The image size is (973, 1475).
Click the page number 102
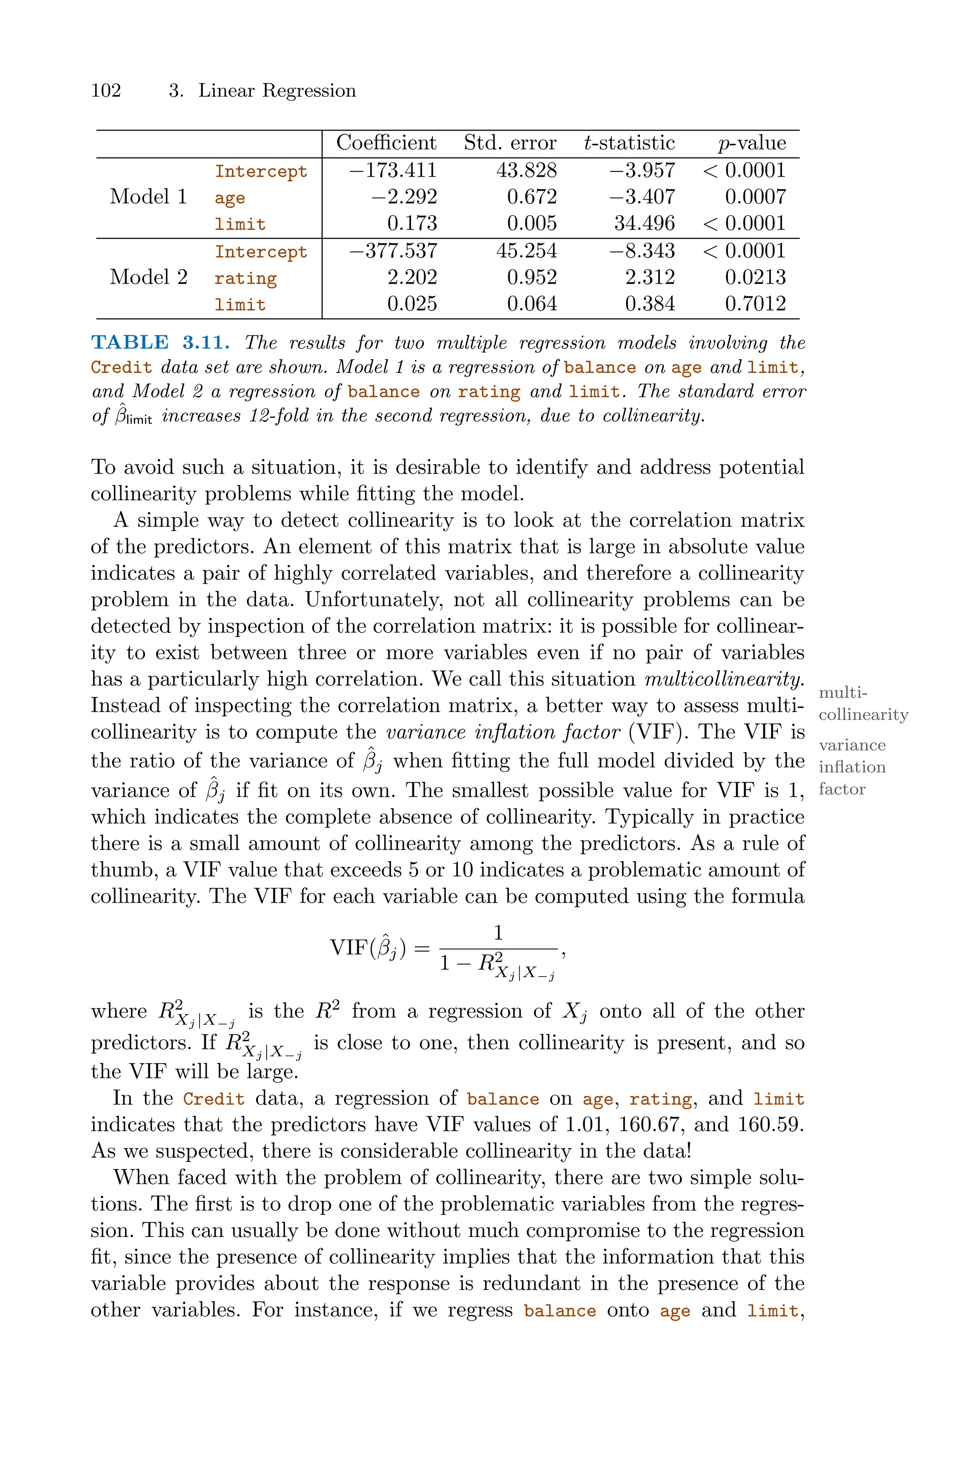(x=106, y=91)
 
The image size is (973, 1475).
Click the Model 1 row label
(x=148, y=197)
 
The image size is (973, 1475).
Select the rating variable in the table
(x=246, y=278)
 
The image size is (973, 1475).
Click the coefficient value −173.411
(x=393, y=170)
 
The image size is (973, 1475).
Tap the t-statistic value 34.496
(x=644, y=223)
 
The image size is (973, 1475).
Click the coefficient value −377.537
(x=393, y=251)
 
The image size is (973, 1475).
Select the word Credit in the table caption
(x=122, y=367)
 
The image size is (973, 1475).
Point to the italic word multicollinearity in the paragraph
(x=724, y=679)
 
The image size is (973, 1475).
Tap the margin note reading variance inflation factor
(x=851, y=767)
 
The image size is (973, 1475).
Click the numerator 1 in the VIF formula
(x=498, y=933)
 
